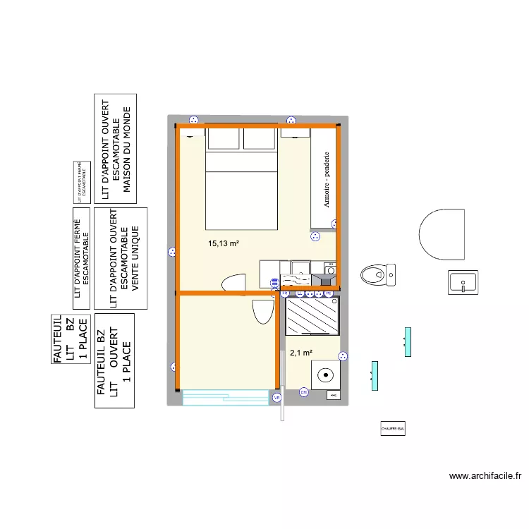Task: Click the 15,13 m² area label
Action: pyautogui.click(x=223, y=244)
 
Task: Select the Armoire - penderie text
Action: pyautogui.click(x=327, y=180)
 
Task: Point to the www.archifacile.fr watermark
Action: pyautogui.click(x=485, y=476)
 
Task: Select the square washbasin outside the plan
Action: pyautogui.click(x=463, y=281)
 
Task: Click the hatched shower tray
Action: pyautogui.click(x=312, y=316)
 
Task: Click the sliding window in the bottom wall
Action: pyautogui.click(x=226, y=399)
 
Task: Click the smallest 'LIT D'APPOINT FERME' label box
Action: pyautogui.click(x=82, y=183)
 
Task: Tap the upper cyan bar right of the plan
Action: pyautogui.click(x=408, y=342)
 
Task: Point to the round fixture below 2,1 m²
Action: pyautogui.click(x=327, y=374)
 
